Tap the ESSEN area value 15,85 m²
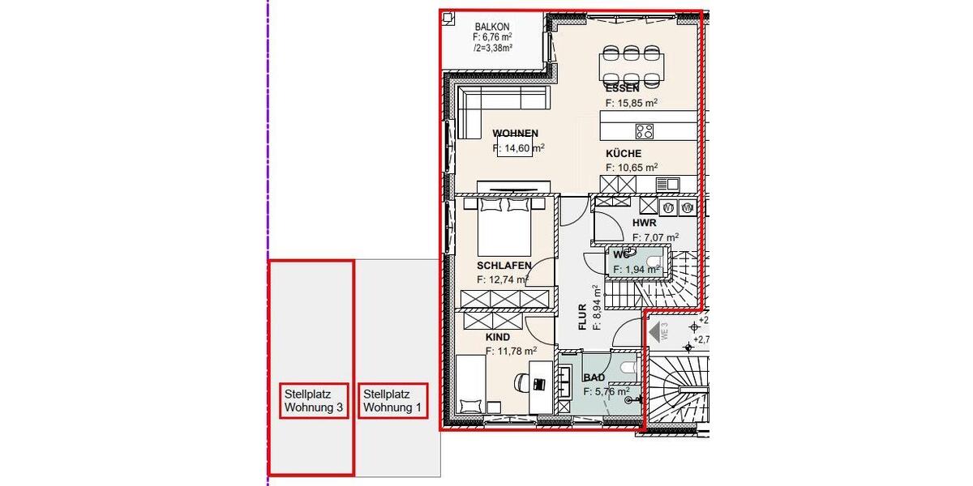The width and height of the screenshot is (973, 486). (x=631, y=103)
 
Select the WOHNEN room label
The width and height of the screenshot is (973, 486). (x=515, y=134)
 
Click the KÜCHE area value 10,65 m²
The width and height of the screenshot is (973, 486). (x=631, y=168)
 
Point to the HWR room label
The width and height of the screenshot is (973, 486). (x=644, y=223)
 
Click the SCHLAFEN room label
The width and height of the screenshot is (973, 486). (x=504, y=266)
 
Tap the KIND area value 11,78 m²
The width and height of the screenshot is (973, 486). (x=511, y=351)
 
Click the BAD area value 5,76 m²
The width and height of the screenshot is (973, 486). (x=606, y=391)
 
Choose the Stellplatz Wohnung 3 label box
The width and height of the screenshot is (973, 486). (x=314, y=400)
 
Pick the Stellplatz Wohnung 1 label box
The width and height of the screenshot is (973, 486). (x=393, y=400)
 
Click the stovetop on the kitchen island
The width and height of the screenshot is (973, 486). (x=645, y=131)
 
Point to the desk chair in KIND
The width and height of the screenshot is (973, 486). (x=519, y=381)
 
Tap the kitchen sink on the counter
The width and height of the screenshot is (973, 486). (x=667, y=185)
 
